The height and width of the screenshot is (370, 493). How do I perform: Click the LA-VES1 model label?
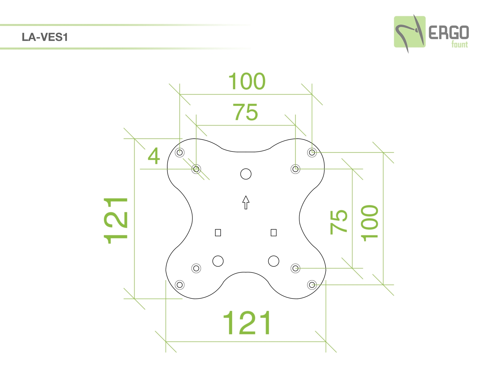[x=45, y=37]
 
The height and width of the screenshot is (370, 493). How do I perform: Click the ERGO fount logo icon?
[x=410, y=33]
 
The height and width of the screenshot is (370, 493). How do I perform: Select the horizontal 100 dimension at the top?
[x=247, y=81]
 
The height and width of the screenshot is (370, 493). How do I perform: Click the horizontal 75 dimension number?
[x=245, y=112]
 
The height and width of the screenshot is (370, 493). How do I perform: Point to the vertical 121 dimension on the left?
[x=116, y=221]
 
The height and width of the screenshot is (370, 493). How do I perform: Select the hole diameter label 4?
[x=154, y=156]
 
